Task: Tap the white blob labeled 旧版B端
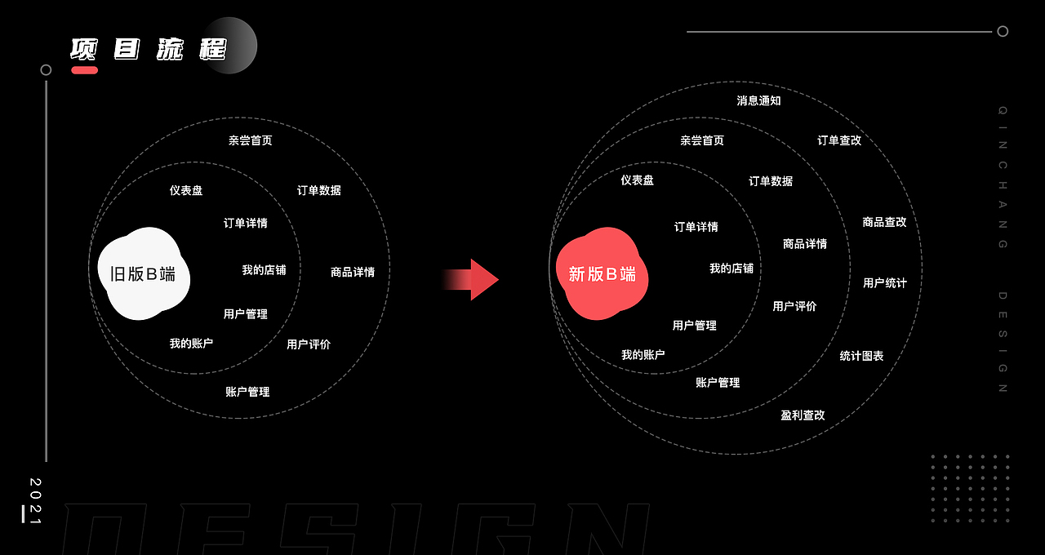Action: (143, 274)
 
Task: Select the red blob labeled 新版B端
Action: (602, 274)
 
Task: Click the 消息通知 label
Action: (758, 100)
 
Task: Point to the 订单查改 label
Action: (839, 140)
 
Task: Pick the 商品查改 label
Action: (884, 222)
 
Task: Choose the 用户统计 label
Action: (885, 283)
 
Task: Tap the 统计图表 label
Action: (861, 356)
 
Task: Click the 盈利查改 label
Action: (803, 415)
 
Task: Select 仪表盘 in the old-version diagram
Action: (186, 190)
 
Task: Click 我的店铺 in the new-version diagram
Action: (731, 269)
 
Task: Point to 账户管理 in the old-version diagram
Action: (247, 392)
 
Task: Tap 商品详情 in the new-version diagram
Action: (805, 244)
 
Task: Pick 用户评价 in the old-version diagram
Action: (309, 344)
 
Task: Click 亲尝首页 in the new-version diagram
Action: (702, 140)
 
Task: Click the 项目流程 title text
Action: (148, 49)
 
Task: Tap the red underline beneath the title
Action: (84, 70)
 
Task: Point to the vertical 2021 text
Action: (34, 499)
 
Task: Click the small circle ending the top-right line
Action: (1003, 32)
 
